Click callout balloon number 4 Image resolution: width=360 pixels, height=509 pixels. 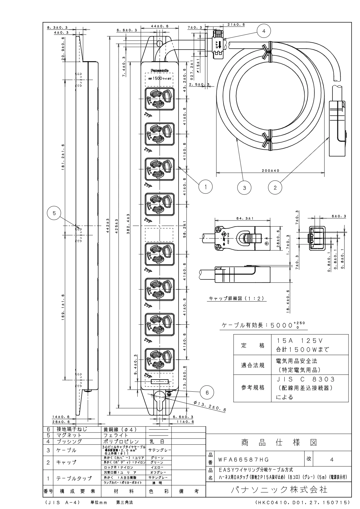coord(263,31)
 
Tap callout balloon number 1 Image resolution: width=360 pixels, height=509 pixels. coord(205,187)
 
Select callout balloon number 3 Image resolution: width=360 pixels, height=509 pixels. coord(245,188)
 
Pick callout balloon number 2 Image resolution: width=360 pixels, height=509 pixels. coord(275,188)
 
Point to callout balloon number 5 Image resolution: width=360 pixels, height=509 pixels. coord(54,213)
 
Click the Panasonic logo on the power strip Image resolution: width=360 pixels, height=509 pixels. coord(159,70)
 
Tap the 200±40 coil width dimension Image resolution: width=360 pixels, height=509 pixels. coord(270,171)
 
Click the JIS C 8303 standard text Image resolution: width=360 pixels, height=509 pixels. coord(306,379)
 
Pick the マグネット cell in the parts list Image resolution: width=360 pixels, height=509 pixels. coord(69,435)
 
